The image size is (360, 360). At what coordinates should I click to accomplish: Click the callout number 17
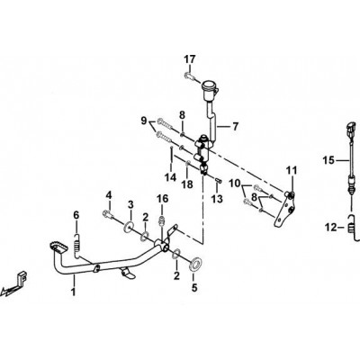point(190,59)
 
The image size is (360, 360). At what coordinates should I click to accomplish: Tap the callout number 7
point(236,127)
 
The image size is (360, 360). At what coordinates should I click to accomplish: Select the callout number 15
point(328,160)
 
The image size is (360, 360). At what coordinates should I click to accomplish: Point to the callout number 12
point(331,228)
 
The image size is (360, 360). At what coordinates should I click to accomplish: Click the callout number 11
point(291,170)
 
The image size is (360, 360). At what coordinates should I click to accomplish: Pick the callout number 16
point(162,199)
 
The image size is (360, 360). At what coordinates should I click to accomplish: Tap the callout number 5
point(194,288)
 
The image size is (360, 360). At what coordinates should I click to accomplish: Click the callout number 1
point(73,292)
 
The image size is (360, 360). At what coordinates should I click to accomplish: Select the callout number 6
point(76,215)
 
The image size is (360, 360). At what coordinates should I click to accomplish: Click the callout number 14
point(171,177)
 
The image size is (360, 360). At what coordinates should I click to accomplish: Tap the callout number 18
point(187,184)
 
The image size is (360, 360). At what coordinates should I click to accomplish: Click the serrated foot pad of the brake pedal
point(55,247)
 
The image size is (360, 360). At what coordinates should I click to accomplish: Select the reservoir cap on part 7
point(210,85)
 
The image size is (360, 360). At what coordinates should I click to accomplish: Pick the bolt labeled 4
point(108,214)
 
